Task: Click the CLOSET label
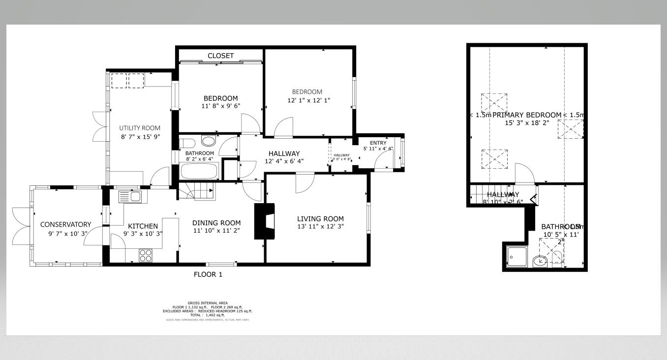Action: click(x=220, y=56)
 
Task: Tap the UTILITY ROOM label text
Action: click(x=140, y=128)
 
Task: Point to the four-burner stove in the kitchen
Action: click(x=146, y=255)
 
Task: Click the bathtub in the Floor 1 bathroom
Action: click(x=200, y=171)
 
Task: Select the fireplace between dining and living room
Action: click(x=264, y=221)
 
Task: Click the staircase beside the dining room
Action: click(x=197, y=191)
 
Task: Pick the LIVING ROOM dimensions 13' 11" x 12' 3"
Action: click(x=320, y=227)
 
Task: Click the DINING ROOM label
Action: click(x=216, y=222)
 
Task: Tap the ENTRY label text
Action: click(x=378, y=143)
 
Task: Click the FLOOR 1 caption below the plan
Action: click(x=208, y=274)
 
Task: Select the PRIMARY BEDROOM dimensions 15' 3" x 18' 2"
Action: click(x=527, y=123)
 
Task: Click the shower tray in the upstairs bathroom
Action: click(x=517, y=257)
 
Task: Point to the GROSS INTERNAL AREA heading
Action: click(x=208, y=303)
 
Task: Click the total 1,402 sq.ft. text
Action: click(x=208, y=315)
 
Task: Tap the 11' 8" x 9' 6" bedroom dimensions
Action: click(x=221, y=106)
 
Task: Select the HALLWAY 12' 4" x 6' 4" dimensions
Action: click(x=284, y=161)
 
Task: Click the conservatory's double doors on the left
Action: click(x=21, y=226)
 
